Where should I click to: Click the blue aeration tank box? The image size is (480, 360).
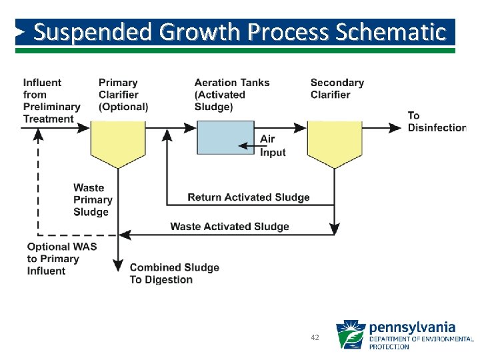225,137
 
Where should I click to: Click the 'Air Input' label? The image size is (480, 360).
273,146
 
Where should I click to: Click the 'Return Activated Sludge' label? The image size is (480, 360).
249,197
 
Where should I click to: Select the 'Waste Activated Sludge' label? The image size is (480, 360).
230,227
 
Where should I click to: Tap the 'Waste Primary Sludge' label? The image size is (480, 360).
93,200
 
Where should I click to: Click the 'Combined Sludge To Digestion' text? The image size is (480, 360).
174,273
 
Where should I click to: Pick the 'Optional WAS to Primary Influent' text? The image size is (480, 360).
62,259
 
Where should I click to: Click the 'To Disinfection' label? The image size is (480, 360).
437,121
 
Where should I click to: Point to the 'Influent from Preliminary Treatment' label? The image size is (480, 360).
51,101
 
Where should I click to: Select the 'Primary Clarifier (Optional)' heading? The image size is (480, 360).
123,95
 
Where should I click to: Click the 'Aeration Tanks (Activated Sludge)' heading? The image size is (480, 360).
232,95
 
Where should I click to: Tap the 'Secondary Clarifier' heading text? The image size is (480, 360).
337,89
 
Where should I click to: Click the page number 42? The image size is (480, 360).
315,338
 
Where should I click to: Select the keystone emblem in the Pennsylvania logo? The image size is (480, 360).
350,335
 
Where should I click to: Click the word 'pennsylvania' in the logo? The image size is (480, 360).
412,327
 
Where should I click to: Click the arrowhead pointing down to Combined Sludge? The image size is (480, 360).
118,264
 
